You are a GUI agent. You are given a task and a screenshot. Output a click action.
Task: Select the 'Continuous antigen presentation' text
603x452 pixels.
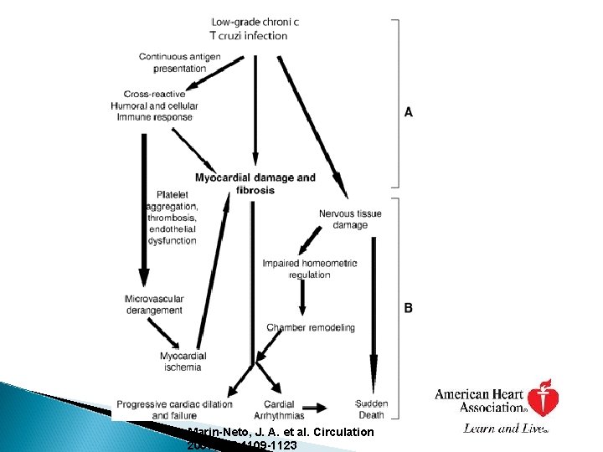pos(179,62)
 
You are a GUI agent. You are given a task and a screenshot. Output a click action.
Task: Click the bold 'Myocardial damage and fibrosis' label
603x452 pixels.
pos(255,183)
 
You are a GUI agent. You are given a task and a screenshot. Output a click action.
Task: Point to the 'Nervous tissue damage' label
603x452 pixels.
pos(349,219)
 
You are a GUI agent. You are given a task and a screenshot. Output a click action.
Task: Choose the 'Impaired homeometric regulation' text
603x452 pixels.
pos(309,269)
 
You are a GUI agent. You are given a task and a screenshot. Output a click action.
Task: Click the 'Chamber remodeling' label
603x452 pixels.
pos(310,327)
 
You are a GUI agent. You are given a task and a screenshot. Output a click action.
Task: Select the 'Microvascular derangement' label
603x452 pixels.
pos(153,305)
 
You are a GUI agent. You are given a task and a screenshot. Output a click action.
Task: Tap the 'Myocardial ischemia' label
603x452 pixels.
pos(183,362)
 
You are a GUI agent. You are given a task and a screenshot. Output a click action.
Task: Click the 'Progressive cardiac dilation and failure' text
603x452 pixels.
pos(174,408)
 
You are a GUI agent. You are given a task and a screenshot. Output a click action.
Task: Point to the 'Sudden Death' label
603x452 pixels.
pos(371,408)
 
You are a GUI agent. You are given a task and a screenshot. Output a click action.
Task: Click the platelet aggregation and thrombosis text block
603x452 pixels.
pos(173,218)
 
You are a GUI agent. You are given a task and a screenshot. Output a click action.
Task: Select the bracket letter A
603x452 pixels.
pos(409,111)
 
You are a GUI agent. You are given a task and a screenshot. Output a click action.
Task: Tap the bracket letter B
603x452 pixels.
pos(409,308)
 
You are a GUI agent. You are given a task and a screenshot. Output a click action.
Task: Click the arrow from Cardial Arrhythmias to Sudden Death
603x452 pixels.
pos(317,408)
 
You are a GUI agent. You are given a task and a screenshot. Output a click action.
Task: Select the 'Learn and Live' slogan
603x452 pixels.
pos(505,429)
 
